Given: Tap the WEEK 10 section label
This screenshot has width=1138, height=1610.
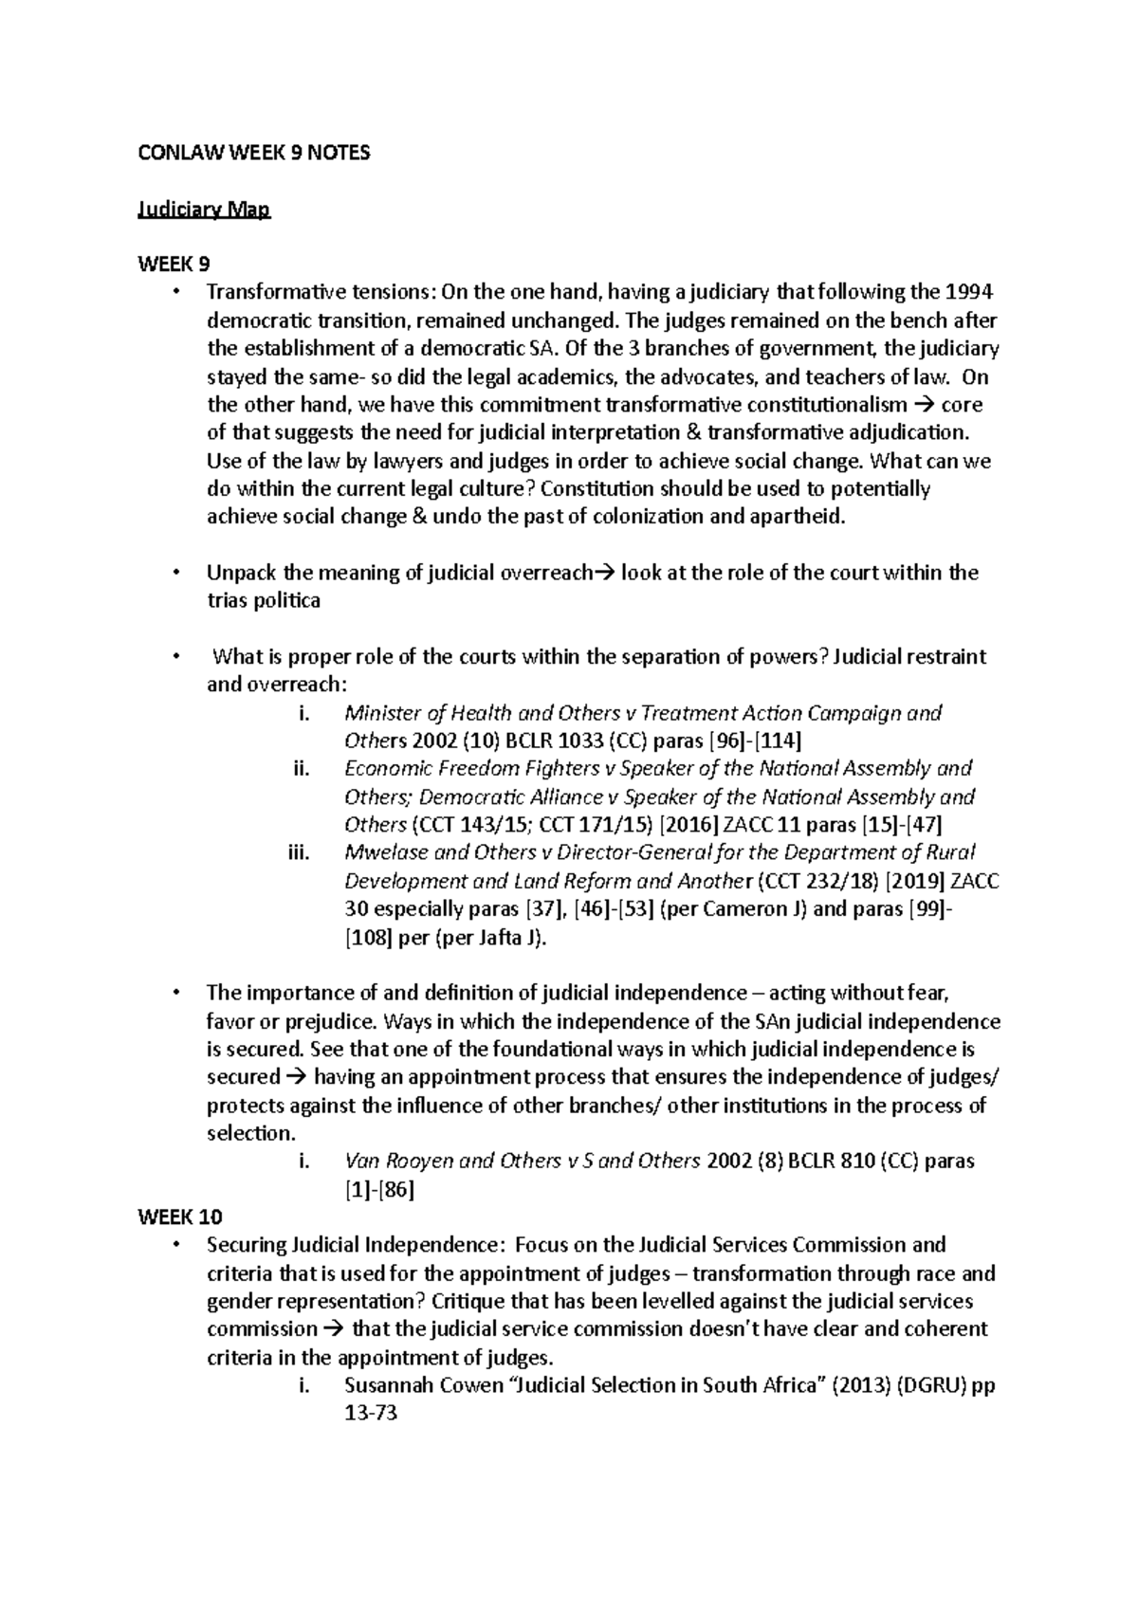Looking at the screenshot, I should [180, 1217].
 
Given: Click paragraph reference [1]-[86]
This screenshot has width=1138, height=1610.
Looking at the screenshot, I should [379, 1189].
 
